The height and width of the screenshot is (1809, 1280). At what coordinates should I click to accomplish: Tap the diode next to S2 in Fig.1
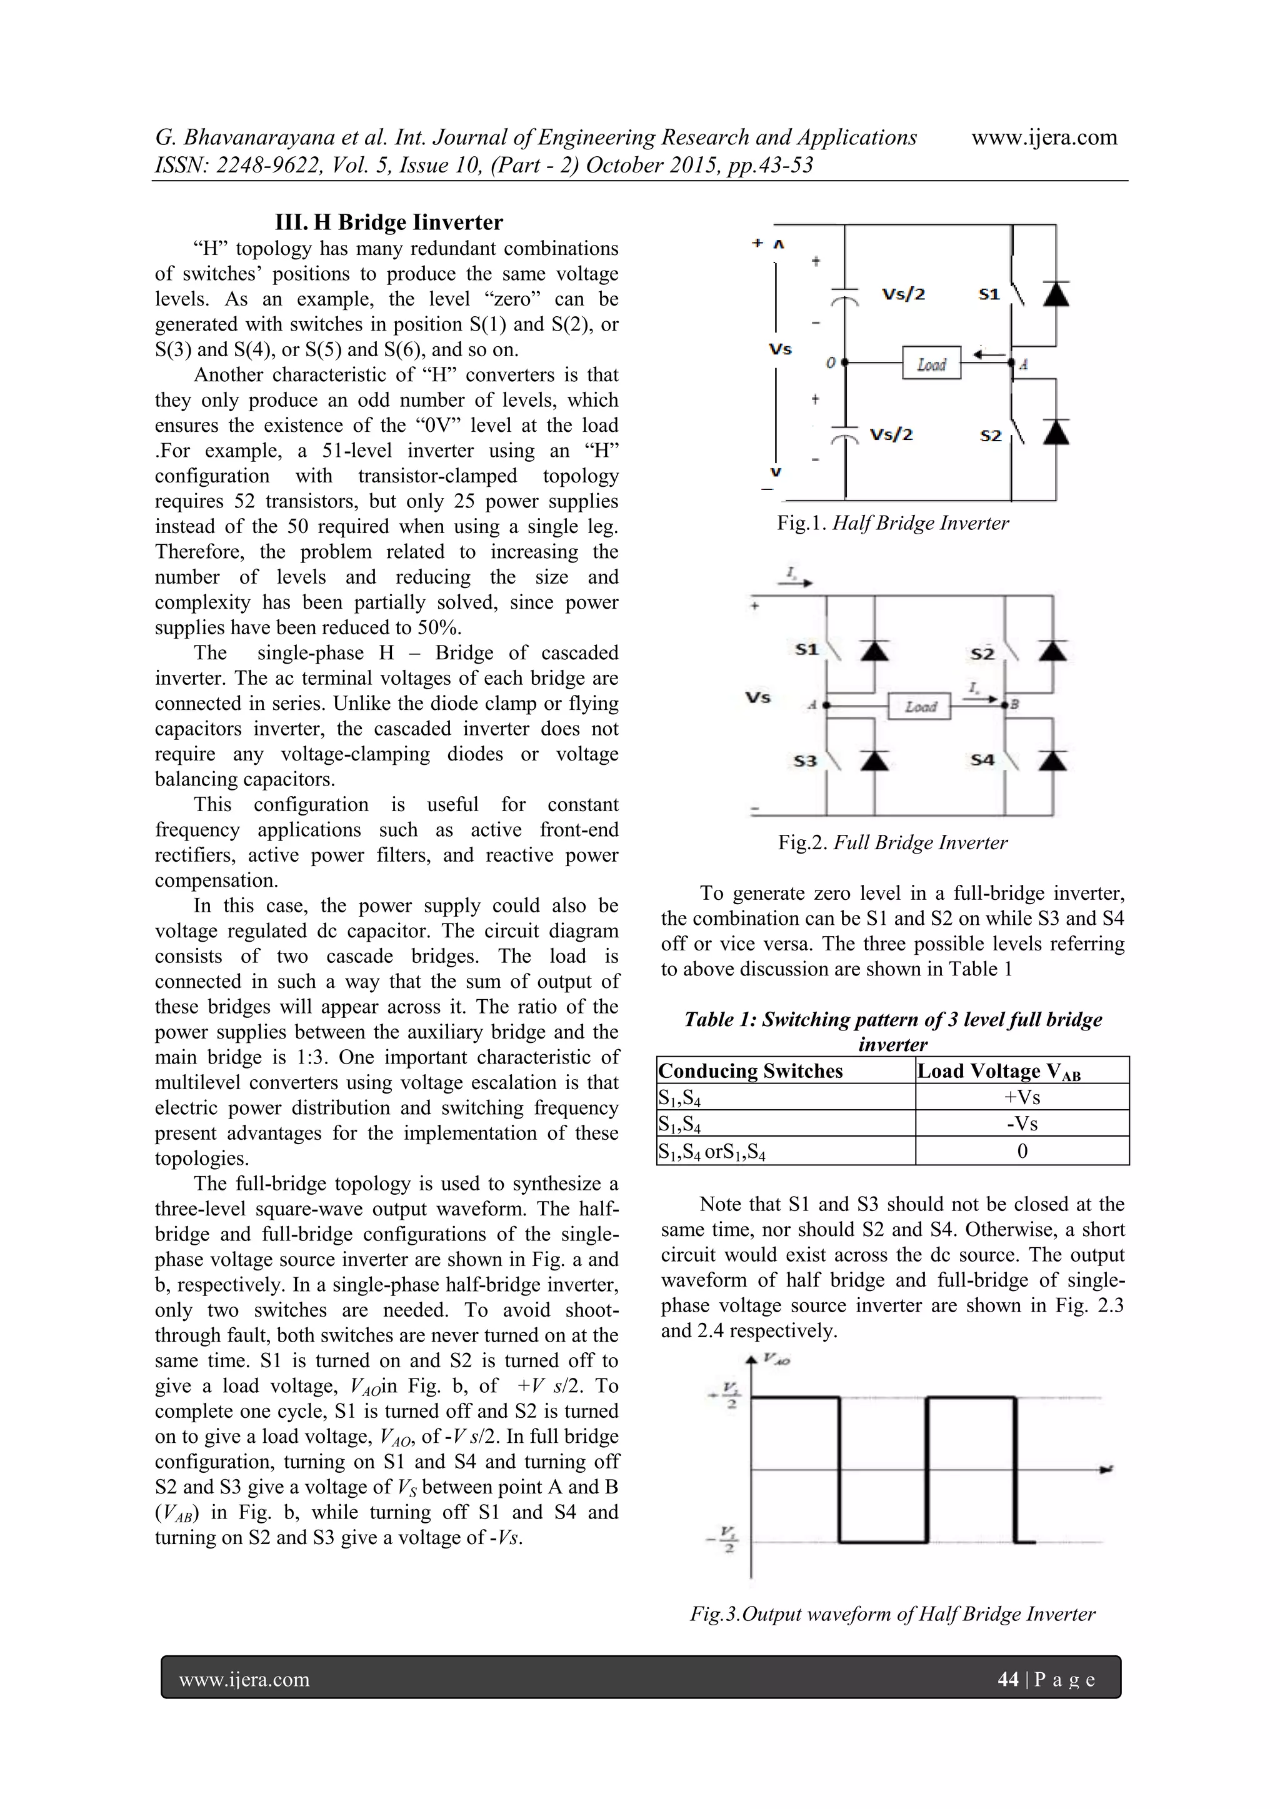(1056, 432)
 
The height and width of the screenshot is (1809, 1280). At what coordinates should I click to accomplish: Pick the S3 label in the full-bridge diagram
(805, 761)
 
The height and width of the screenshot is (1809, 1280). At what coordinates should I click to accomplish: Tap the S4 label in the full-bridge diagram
(982, 760)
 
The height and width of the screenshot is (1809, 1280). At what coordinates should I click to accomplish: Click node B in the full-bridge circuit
(1006, 704)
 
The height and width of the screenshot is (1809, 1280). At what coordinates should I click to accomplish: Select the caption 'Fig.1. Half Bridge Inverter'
(892, 523)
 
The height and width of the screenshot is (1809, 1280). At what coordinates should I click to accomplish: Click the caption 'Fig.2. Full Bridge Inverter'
(892, 842)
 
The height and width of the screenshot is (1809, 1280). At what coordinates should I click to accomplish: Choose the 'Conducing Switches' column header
(751, 1071)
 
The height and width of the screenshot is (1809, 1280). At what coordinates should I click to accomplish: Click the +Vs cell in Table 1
(1022, 1097)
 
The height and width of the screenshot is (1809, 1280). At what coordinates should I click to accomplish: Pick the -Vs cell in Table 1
(1022, 1124)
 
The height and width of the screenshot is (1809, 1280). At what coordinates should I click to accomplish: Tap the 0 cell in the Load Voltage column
(1022, 1151)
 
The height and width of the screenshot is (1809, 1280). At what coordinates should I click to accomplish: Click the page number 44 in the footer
(1007, 1680)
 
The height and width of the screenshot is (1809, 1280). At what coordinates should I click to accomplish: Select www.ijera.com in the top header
(1044, 138)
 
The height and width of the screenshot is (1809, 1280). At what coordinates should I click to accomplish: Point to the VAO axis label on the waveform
(776, 1360)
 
